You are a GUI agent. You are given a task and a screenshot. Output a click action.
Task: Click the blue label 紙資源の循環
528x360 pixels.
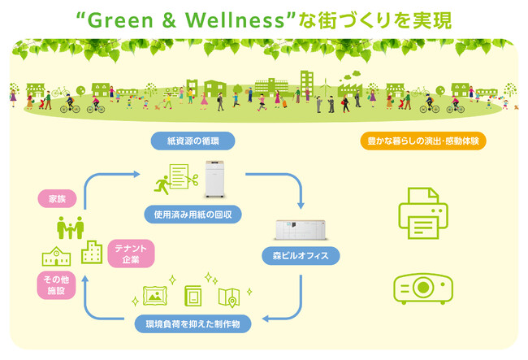[x=193, y=141]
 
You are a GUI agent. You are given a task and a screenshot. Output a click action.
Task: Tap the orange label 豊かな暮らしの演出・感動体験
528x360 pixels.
[x=423, y=141]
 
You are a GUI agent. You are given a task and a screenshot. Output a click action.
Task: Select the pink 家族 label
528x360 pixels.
[x=57, y=198]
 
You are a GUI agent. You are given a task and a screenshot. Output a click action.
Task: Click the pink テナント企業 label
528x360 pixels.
[x=131, y=254]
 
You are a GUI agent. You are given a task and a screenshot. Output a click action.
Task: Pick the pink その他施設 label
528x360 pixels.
[x=56, y=285]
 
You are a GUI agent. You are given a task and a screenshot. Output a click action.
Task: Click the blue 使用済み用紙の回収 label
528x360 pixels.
[x=193, y=215]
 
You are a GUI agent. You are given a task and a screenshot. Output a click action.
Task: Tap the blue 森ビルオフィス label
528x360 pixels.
[x=301, y=256]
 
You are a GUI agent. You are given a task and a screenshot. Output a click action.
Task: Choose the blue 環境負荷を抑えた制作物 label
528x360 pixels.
[x=193, y=324]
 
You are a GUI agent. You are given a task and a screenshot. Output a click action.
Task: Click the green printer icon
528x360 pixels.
[x=423, y=213]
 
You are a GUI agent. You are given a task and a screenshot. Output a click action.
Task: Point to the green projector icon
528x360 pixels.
[x=423, y=288]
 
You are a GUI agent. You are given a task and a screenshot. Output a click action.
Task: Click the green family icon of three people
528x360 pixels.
[x=70, y=228]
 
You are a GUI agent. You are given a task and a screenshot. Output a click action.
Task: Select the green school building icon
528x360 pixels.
[x=56, y=256]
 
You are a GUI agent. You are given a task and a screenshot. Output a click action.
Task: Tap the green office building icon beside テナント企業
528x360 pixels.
[x=92, y=252]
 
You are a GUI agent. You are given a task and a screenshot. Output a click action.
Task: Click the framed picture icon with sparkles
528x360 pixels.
[x=155, y=296]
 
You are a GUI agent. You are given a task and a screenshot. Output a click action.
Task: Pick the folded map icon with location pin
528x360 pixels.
[x=229, y=297]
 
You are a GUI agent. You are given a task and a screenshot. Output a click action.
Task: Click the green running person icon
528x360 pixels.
[x=162, y=185]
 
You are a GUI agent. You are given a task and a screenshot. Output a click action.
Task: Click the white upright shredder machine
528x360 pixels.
[x=214, y=179]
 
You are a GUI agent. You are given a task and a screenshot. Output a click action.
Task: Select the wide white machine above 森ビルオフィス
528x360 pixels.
[x=301, y=230]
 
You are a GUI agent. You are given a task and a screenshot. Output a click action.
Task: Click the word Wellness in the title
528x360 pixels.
[x=235, y=20]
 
